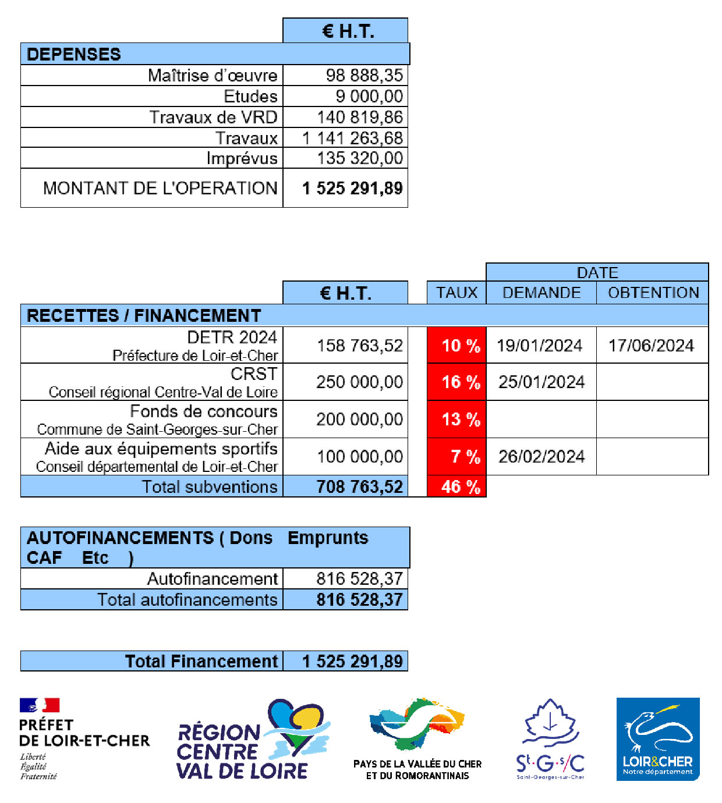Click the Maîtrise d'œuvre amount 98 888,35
364,76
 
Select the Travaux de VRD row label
213,118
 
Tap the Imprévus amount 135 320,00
359,158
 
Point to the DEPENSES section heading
74,54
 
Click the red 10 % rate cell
456,345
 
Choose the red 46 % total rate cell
456,486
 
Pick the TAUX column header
456,293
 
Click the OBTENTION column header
653,293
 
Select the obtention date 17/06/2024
651,346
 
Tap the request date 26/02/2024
541,457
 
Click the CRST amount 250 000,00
359,382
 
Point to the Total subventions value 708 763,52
359,486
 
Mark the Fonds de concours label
203,411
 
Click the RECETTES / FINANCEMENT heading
144,315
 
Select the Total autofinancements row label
187,600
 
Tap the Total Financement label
201,662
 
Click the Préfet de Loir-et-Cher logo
84,739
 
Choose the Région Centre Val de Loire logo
253,740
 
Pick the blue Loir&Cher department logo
658,739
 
